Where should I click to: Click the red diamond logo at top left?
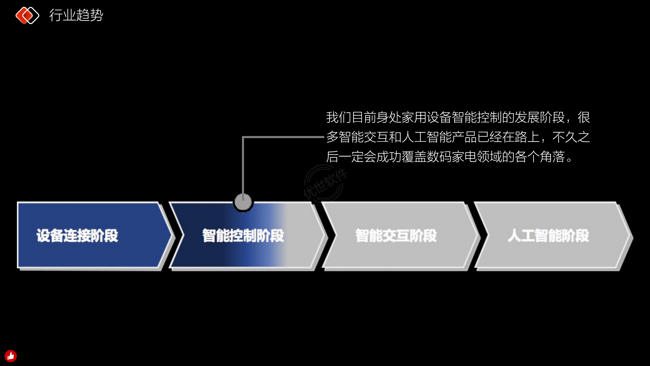[27, 15]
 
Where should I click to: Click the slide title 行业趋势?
[76, 15]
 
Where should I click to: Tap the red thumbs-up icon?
[11, 356]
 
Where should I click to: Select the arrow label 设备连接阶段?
[77, 235]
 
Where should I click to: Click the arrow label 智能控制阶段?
[243, 235]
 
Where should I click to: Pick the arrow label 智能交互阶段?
[396, 235]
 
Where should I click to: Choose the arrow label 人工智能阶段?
[548, 235]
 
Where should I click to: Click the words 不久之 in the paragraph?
[571, 137]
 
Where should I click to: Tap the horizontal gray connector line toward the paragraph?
[283, 137]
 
